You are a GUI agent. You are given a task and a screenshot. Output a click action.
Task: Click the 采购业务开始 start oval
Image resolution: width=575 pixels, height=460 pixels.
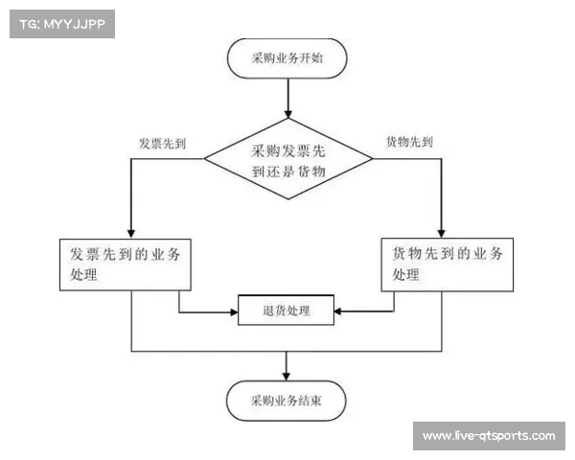287,57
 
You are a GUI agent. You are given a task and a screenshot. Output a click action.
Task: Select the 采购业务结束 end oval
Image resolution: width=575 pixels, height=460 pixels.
287,402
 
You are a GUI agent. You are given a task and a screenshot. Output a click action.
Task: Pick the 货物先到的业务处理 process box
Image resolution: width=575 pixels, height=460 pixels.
448,264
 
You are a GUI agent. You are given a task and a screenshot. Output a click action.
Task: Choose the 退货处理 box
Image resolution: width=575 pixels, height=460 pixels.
286,310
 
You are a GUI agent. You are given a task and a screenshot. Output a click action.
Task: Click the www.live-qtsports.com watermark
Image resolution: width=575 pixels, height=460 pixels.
489,436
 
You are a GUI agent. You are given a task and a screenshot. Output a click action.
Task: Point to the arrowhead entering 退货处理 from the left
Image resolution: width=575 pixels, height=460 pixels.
233,310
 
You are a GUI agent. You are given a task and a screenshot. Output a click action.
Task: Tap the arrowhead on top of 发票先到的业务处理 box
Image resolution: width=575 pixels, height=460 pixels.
130,231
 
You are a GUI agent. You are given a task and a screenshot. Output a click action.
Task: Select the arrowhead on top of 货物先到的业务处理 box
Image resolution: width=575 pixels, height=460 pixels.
442,231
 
